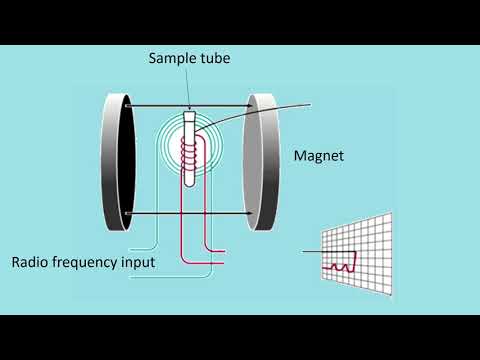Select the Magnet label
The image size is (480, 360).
tap(319, 157)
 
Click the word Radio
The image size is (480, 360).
tap(33, 264)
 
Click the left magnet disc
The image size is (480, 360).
tap(116, 157)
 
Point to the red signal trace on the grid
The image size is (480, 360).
tap(340, 264)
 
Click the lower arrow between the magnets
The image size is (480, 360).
tap(190, 213)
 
